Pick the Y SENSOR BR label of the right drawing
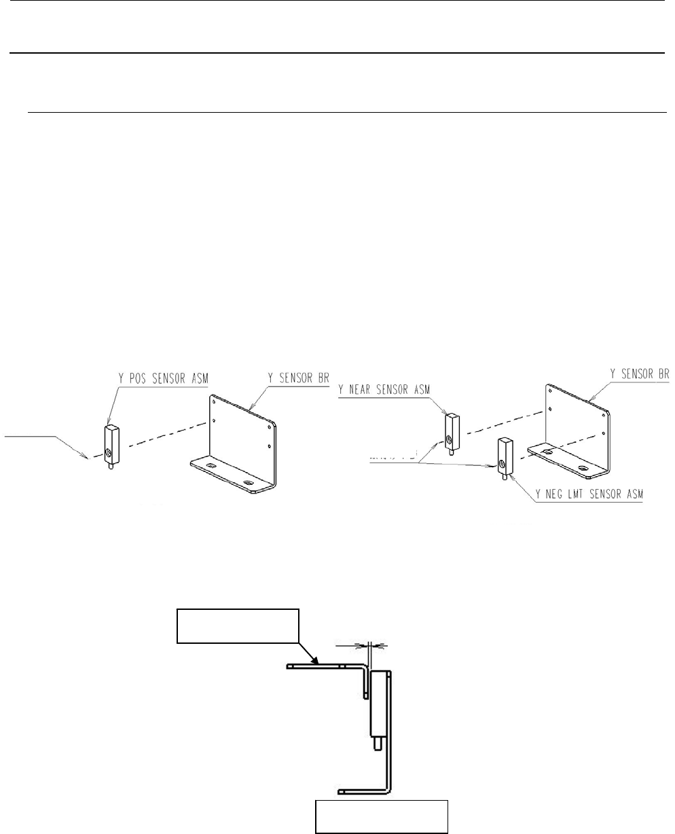tap(638, 373)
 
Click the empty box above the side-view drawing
tap(238, 625)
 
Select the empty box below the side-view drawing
tap(382, 816)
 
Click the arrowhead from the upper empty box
tap(315, 661)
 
